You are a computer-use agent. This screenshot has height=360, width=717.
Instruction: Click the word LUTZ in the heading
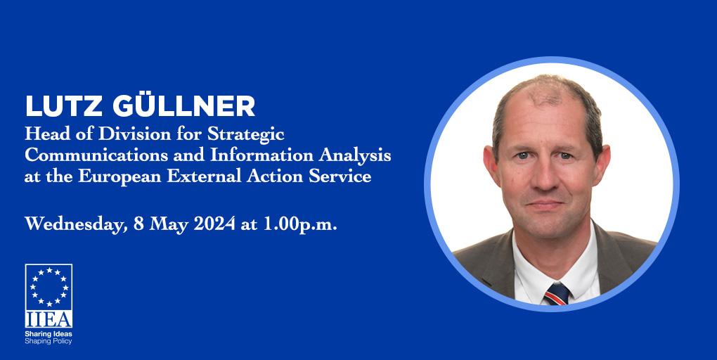pos(63,107)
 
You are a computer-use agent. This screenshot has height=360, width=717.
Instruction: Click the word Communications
pos(96,155)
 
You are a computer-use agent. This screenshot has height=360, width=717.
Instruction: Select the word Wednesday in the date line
pos(76,224)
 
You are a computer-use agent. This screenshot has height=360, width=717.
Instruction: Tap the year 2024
pos(215,224)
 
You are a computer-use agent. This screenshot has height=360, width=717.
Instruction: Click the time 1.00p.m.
pos(299,225)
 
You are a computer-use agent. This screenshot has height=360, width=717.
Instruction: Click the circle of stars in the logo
pos(49,287)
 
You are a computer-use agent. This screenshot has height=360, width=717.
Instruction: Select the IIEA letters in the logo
pos(49,319)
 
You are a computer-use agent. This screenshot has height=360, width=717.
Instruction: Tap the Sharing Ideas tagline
pos(49,335)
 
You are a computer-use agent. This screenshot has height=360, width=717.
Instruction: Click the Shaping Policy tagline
pos(49,341)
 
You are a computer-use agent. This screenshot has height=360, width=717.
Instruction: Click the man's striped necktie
pos(557,294)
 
